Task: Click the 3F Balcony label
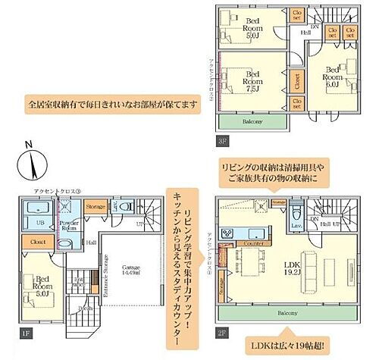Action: tap(253, 121)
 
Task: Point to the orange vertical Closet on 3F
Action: tap(296, 79)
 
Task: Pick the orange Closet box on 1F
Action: tap(36, 243)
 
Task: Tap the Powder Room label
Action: tap(68, 225)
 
